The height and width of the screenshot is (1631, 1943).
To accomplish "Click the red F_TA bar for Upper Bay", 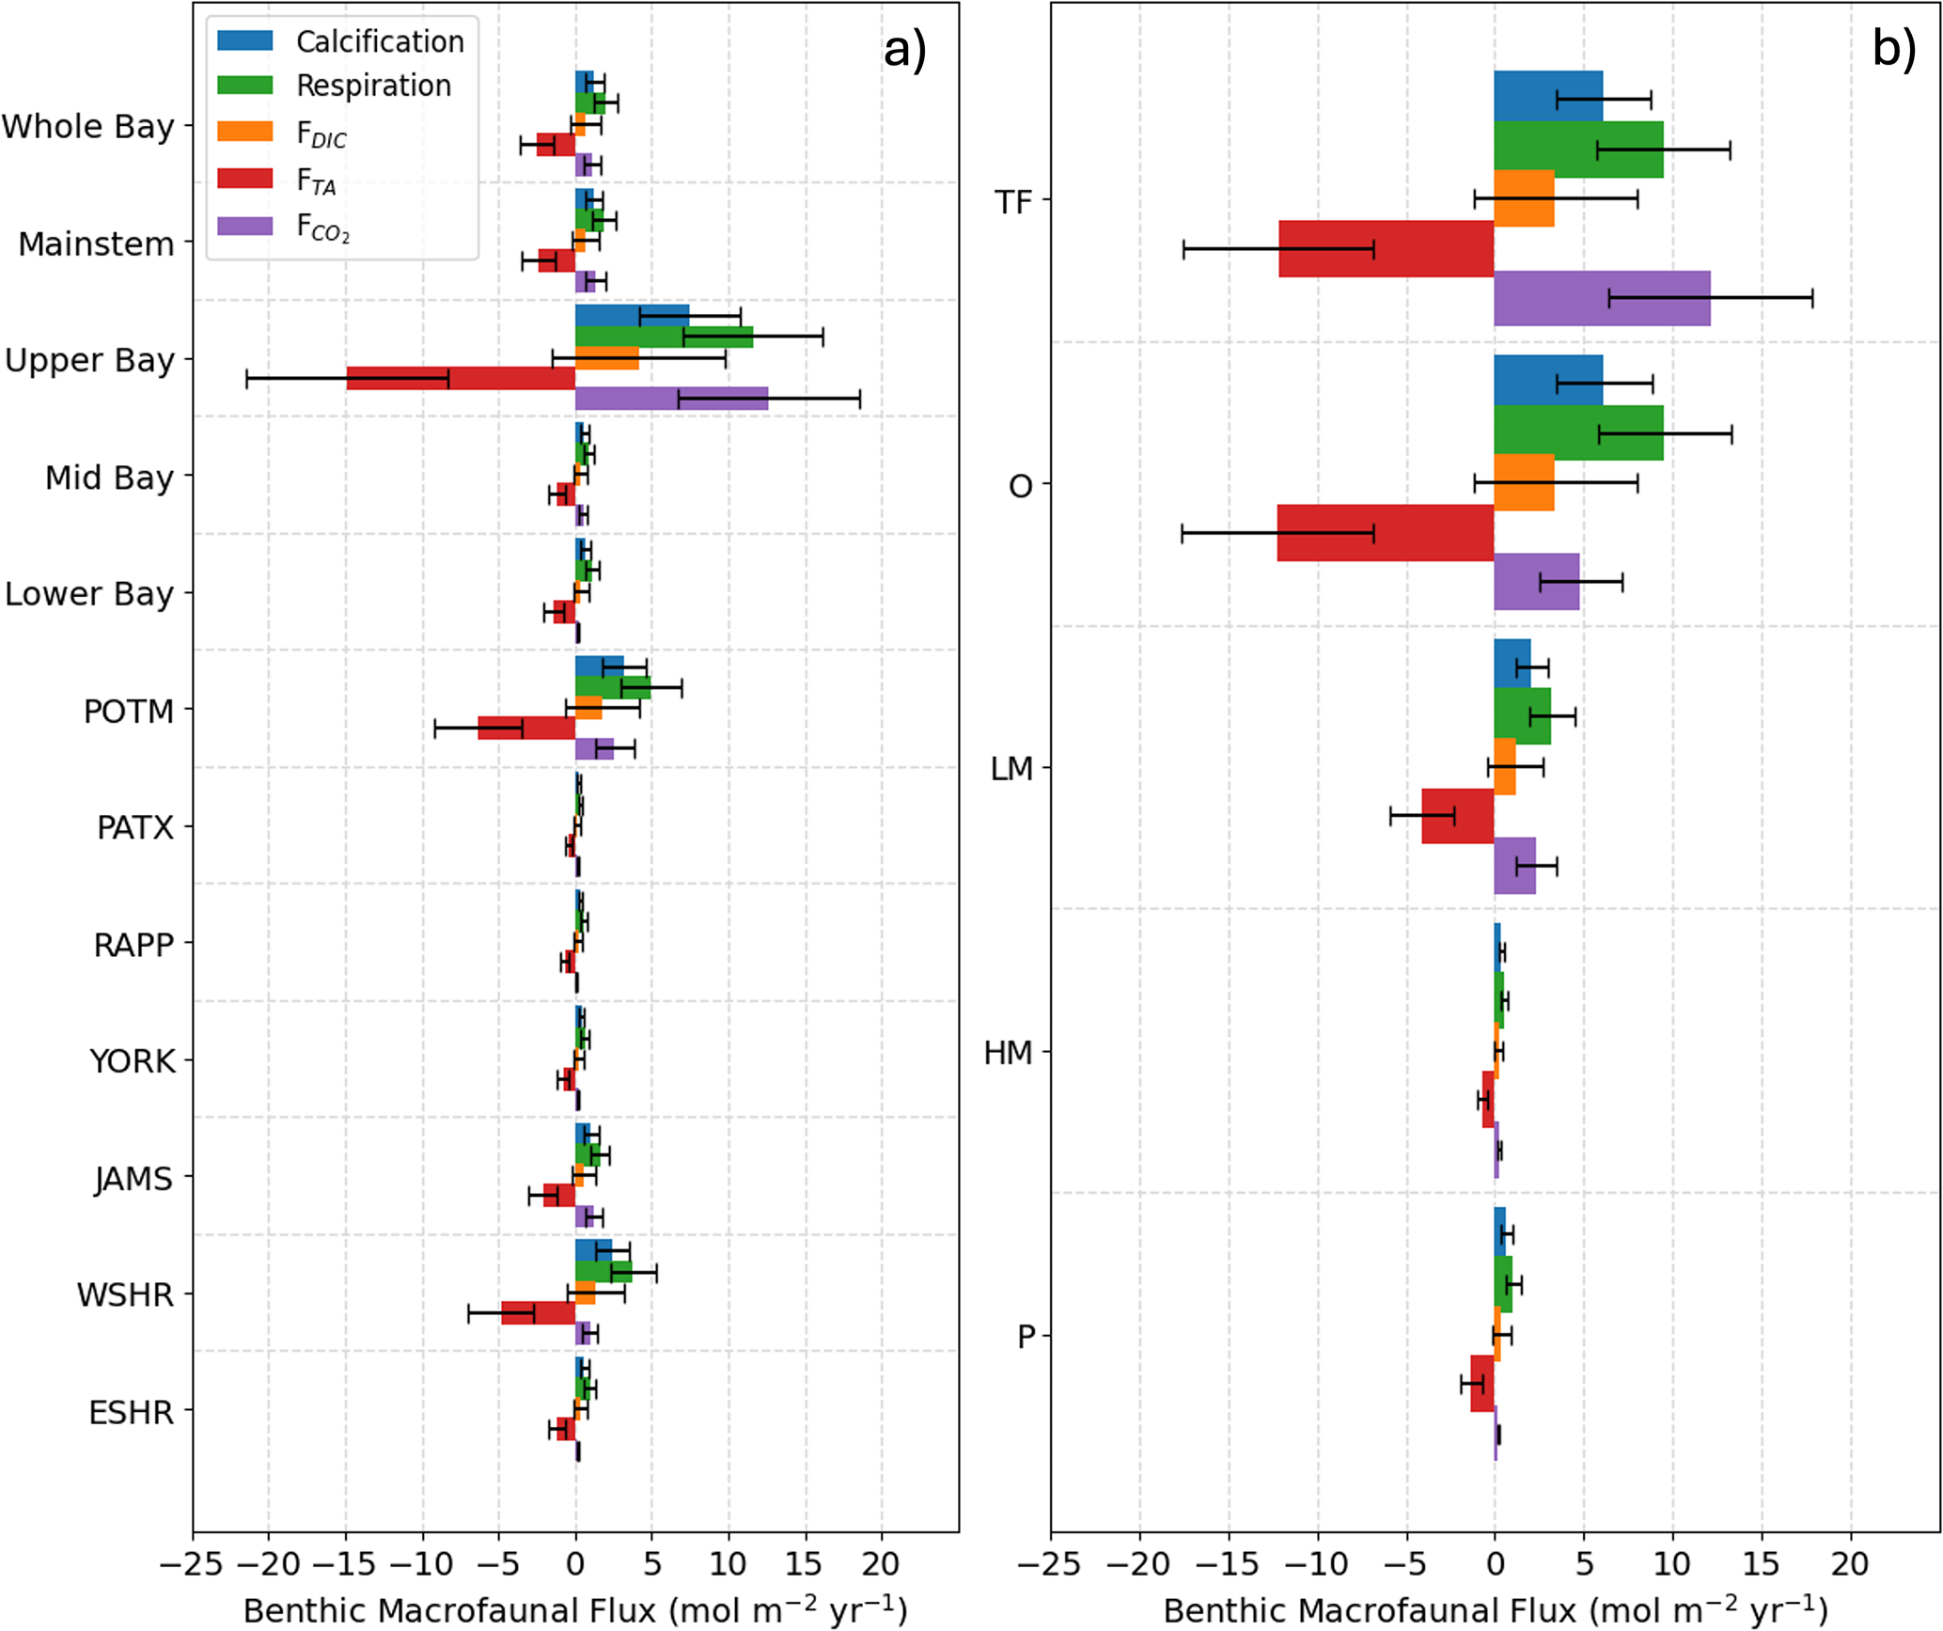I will tap(461, 378).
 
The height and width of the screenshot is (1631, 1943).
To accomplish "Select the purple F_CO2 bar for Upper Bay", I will tap(671, 399).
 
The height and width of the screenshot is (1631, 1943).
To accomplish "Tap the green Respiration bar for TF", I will tap(1578, 149).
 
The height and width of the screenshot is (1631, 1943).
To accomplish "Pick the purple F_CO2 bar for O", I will tap(1536, 582).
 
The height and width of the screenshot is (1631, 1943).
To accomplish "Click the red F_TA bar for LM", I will tap(1457, 816).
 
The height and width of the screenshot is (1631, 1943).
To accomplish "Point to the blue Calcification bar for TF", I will tap(1548, 96).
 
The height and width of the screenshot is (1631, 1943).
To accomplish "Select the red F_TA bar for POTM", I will tap(526, 729).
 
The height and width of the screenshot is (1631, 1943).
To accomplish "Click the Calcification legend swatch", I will tap(244, 40).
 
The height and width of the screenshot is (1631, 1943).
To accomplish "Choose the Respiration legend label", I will tap(373, 86).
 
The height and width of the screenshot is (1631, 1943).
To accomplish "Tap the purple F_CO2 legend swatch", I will tap(244, 226).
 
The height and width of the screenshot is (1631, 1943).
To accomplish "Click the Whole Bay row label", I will tap(88, 126).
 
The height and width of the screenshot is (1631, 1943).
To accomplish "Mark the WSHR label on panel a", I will tap(125, 1295).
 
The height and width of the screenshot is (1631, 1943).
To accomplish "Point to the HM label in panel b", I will tap(1008, 1053).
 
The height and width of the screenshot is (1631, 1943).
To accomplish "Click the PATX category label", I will tap(135, 828).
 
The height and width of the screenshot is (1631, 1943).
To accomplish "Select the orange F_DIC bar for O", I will tap(1524, 482).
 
